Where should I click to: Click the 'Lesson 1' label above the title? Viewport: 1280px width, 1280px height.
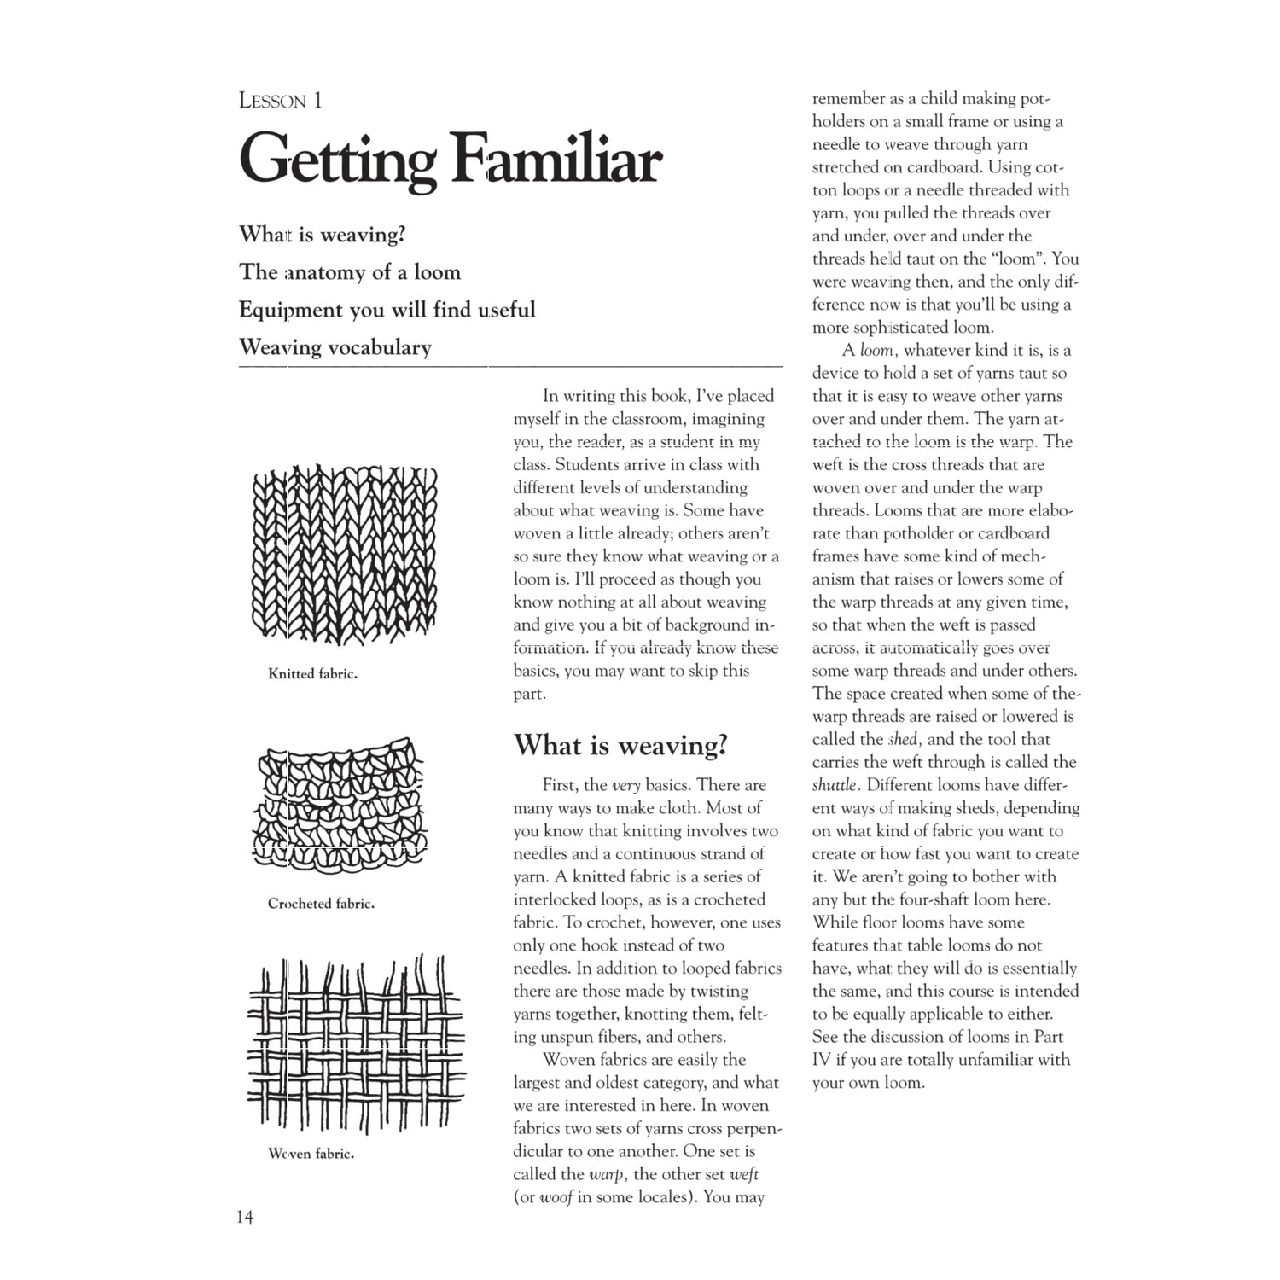point(281,101)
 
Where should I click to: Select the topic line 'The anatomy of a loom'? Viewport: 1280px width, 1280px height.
point(350,272)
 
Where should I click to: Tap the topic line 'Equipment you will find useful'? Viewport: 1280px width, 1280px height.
point(387,310)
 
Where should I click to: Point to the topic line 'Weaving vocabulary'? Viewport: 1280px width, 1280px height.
point(335,347)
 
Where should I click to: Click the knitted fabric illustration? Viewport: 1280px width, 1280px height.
point(345,555)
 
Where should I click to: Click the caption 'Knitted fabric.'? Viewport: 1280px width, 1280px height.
point(312,674)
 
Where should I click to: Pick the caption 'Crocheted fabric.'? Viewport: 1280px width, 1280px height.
point(321,904)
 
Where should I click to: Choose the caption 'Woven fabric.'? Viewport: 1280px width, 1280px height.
point(311,1154)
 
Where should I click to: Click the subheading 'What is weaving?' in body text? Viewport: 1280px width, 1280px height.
point(620,745)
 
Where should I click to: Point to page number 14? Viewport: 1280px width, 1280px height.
point(245,1217)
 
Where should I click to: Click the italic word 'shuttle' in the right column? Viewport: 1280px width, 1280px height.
point(835,785)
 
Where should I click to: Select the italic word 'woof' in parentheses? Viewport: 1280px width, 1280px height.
point(556,1197)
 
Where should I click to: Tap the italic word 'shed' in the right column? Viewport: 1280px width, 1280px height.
point(903,740)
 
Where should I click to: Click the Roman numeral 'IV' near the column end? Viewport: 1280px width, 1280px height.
point(822,1060)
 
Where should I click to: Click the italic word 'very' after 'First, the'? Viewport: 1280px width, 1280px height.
point(626,786)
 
